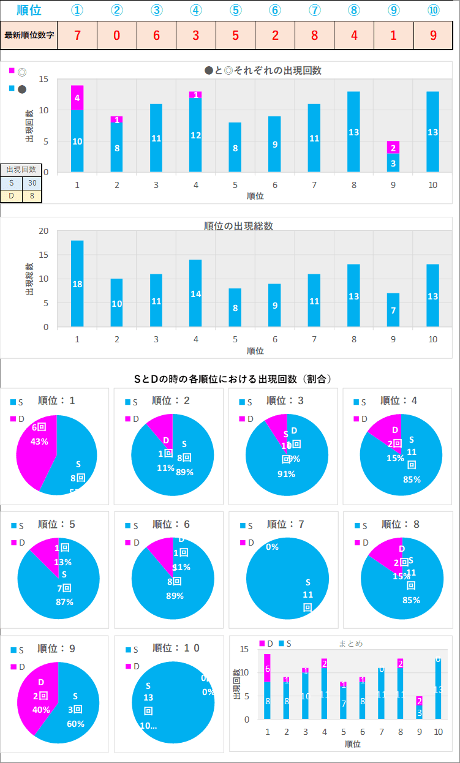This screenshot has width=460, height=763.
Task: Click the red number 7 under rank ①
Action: point(77,35)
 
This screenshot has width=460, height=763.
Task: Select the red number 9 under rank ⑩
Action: point(433,35)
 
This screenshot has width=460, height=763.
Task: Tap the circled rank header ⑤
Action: point(235,10)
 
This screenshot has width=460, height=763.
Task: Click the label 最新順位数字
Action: point(29,35)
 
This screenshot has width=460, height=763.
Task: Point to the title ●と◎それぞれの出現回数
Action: point(263,70)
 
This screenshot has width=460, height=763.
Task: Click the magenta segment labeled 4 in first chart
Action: point(77,97)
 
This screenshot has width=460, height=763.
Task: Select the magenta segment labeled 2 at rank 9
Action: point(393,147)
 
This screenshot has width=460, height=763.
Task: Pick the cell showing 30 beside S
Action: point(32,182)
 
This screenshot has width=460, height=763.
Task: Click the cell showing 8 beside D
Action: point(32,196)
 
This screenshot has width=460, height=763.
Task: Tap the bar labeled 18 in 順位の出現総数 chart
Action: point(77,284)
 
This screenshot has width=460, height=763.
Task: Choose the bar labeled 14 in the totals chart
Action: point(195,293)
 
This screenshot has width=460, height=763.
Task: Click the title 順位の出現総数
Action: point(238,226)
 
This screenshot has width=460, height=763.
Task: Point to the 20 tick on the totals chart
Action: point(43,231)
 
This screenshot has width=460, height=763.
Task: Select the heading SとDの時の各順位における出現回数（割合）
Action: point(233,379)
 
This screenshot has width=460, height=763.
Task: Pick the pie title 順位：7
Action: point(286,524)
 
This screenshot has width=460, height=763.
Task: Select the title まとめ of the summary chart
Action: point(350,644)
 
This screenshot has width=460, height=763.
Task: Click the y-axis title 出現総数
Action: point(29,279)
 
